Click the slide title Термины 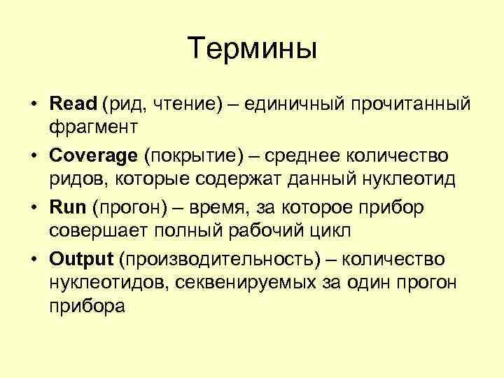(253, 48)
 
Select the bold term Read (73, 104)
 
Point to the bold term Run (67, 207)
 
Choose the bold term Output (81, 259)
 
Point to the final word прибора (87, 307)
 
